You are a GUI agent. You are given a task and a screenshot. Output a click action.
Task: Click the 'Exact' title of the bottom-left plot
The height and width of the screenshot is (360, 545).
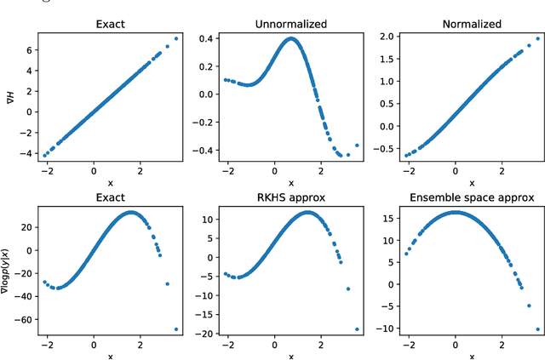pos(111,197)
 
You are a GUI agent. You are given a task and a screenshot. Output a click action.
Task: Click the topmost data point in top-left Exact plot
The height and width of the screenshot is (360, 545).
pos(176,38)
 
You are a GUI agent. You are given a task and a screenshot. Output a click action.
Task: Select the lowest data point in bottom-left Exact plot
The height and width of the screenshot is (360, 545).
pos(176,329)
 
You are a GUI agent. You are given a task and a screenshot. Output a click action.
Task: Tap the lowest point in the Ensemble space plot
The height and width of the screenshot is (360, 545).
pos(537,329)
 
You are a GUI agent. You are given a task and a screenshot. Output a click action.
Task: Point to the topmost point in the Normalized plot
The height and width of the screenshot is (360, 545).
pos(537,39)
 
